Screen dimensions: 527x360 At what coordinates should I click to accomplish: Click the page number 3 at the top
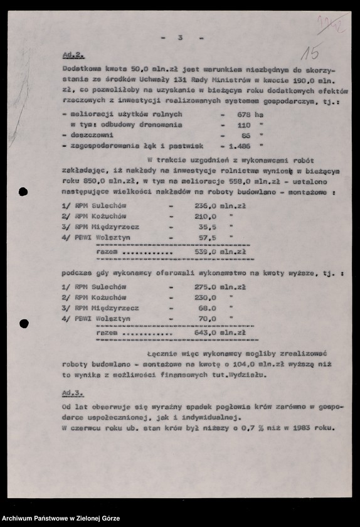(180, 38)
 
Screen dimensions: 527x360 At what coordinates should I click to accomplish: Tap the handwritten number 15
(309, 51)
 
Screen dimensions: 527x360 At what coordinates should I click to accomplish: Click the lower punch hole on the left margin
(24, 324)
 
